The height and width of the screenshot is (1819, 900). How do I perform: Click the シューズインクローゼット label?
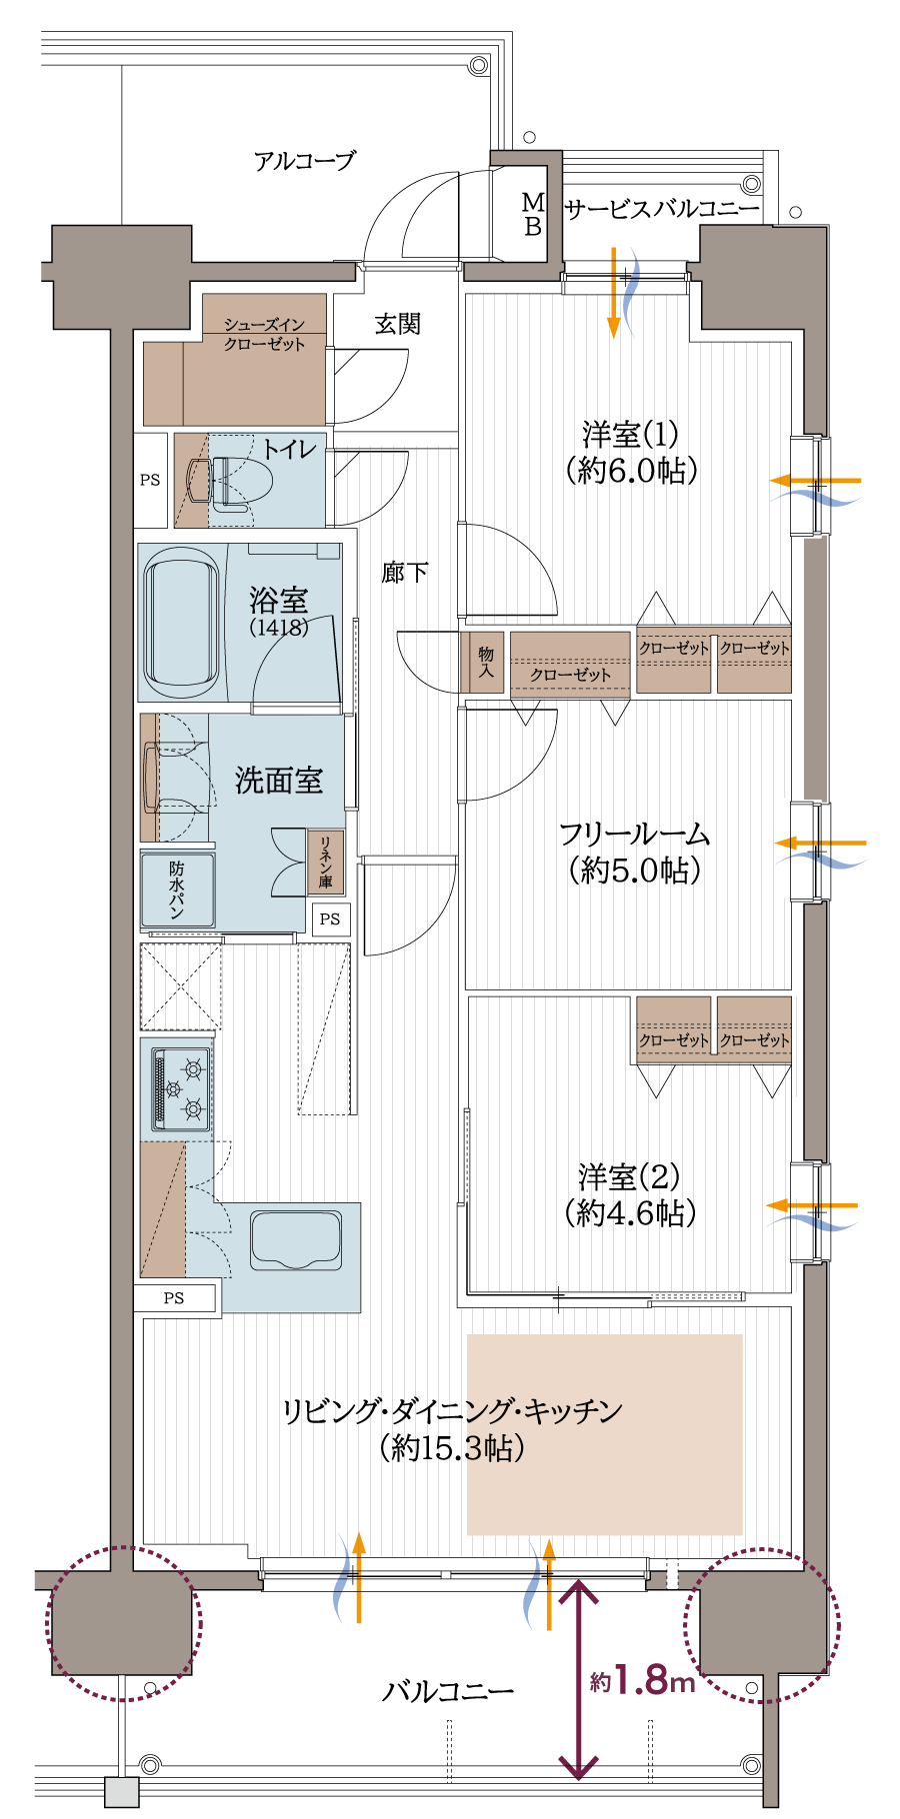(264, 334)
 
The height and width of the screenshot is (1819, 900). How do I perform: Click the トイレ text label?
(289, 449)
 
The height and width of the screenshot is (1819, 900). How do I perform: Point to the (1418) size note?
(279, 628)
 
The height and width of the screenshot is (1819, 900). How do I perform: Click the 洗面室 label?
(279, 781)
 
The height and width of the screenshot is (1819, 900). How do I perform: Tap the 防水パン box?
(178, 889)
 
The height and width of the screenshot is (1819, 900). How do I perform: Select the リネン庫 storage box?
(325, 862)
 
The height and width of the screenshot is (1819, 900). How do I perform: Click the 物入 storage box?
(485, 662)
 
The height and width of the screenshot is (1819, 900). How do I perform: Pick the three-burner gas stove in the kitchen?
(181, 1088)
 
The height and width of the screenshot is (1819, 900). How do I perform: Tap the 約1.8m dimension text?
(642, 1681)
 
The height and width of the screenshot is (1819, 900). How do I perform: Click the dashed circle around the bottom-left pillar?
(123, 1624)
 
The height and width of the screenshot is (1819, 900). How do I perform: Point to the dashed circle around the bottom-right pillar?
(762, 1625)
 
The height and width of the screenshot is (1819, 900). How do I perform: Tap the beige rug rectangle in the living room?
(604, 1434)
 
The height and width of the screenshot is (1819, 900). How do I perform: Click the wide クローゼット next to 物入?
(570, 663)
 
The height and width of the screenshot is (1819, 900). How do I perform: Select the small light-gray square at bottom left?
(122, 1792)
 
